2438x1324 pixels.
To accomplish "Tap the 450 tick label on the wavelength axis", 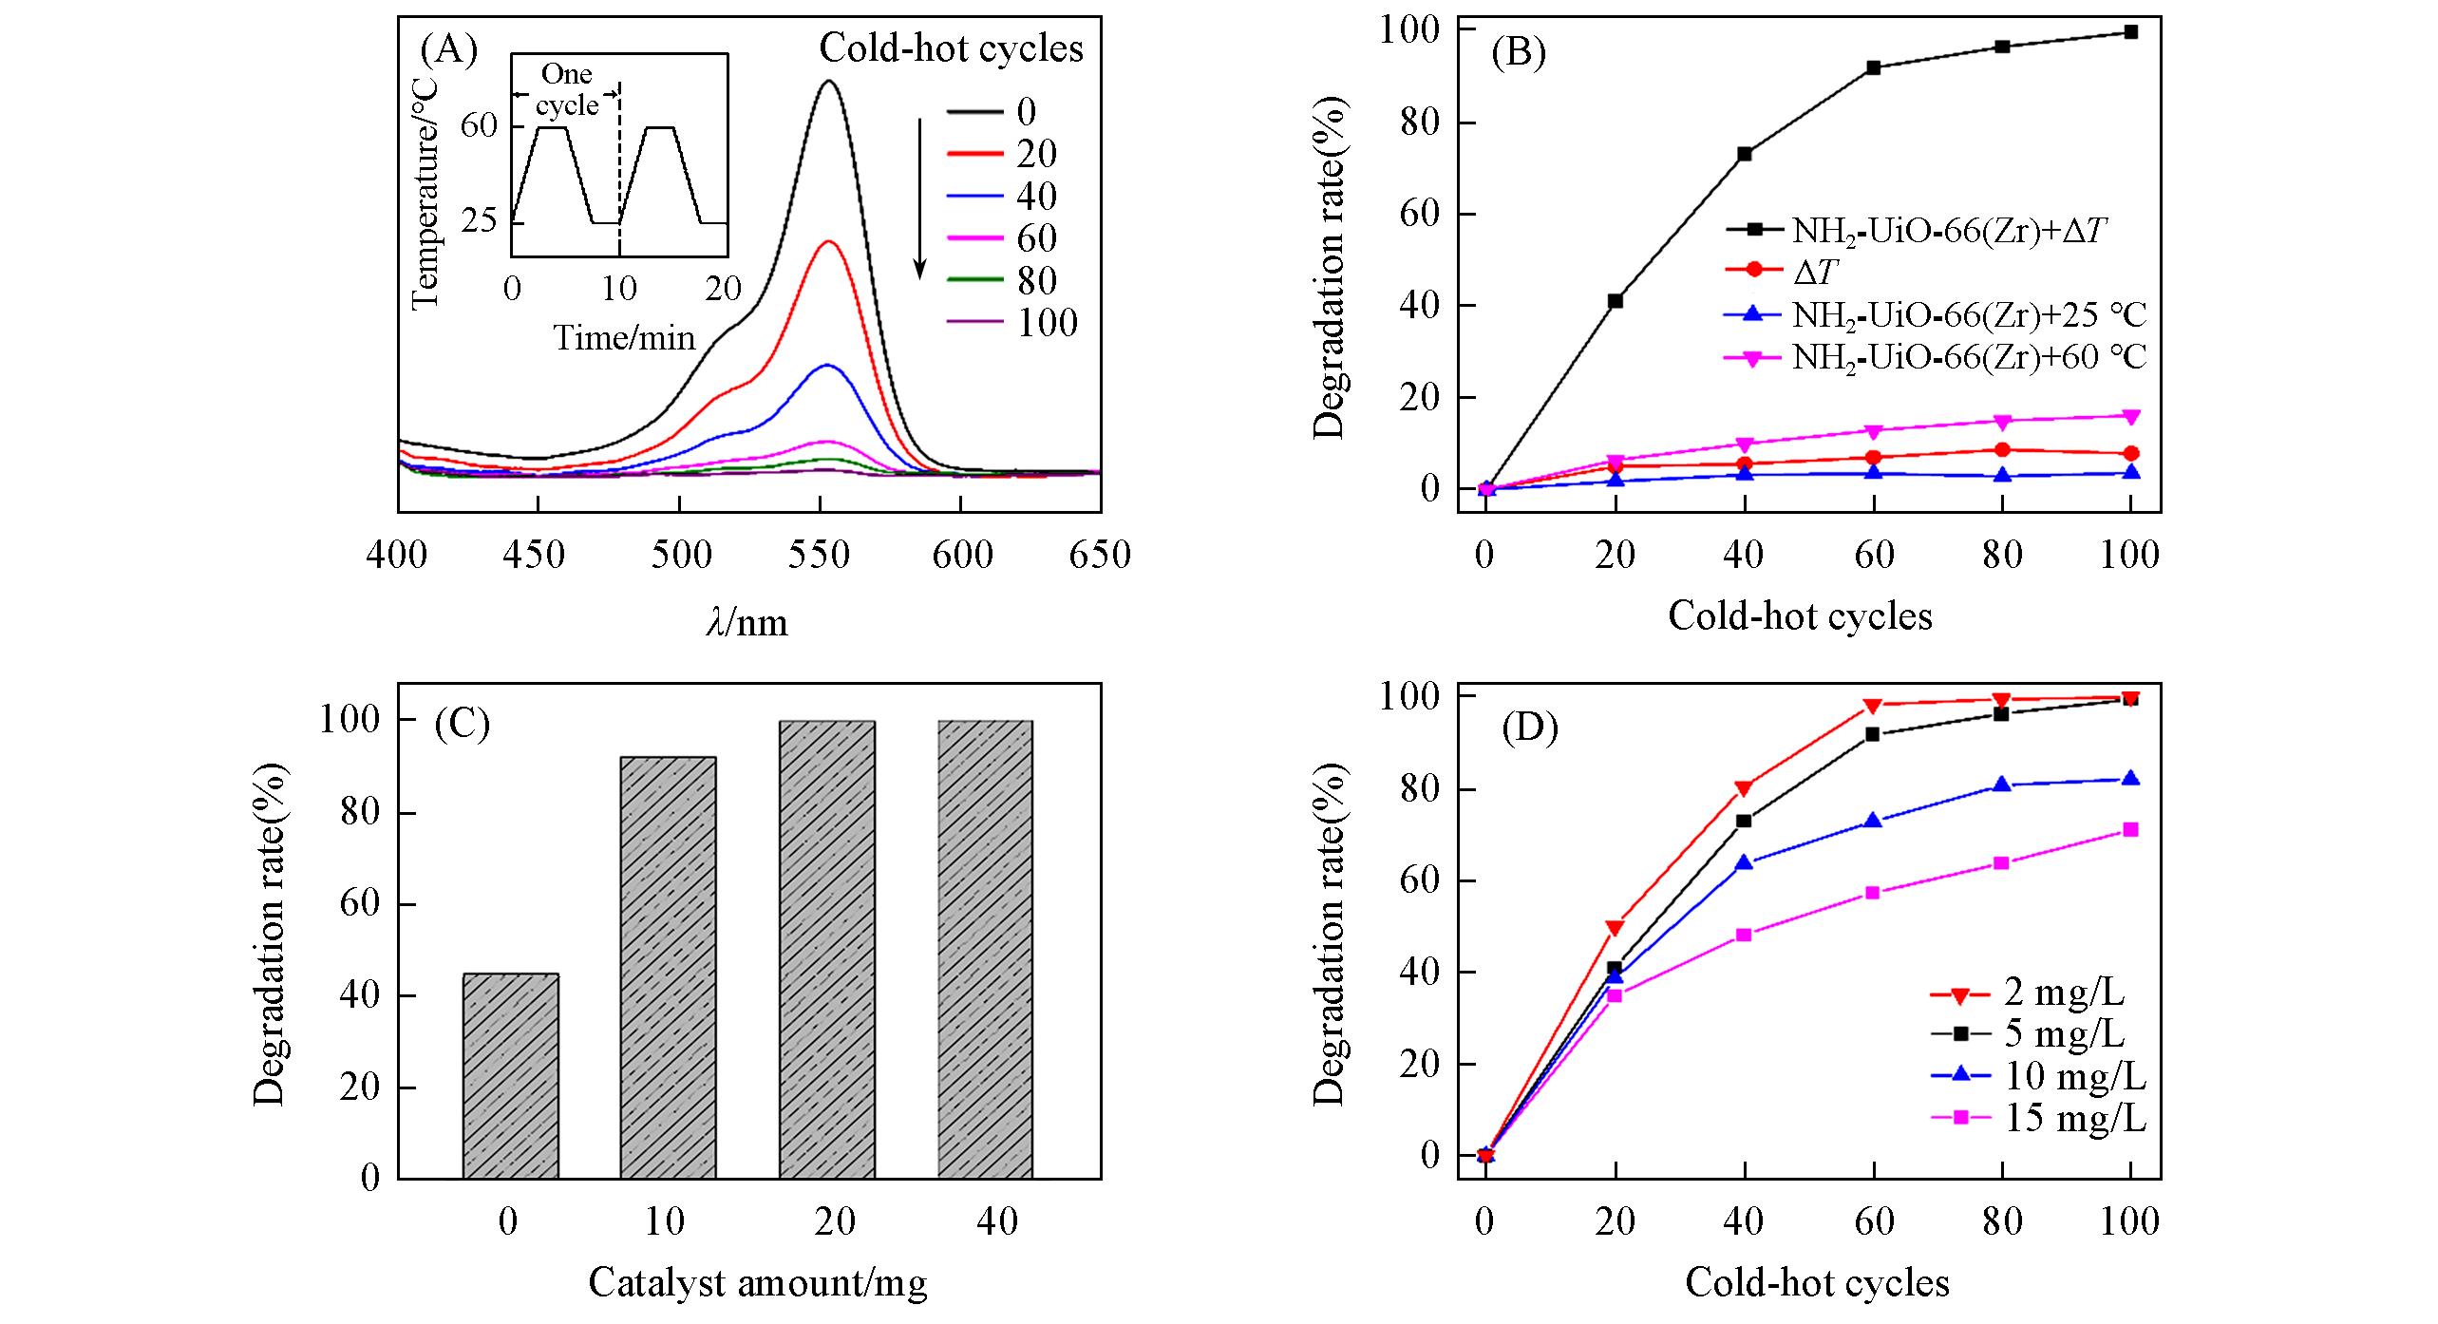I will coord(537,554).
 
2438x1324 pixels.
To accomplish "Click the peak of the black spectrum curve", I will coord(829,81).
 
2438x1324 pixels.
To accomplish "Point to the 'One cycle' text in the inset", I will coord(567,89).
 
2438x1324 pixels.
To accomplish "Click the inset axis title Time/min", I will coord(624,337).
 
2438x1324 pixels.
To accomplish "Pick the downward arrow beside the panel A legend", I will coord(919,199).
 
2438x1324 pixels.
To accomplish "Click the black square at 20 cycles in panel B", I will coord(1615,301).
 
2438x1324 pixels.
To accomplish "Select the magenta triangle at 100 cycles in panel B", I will coord(2130,417).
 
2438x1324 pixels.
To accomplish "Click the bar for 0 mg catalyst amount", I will coord(510,1075).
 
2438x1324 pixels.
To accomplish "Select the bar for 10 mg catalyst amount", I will coord(668,967).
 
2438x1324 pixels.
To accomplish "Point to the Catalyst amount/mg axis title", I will coord(757,1283).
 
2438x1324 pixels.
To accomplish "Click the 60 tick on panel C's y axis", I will coord(359,904).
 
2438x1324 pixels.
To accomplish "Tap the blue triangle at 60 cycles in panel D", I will coord(1872,821).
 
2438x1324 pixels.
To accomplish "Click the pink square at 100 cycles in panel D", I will coord(2130,830).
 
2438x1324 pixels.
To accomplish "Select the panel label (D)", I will coord(1529,728).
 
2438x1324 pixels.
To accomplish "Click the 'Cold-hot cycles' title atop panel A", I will coord(951,48).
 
